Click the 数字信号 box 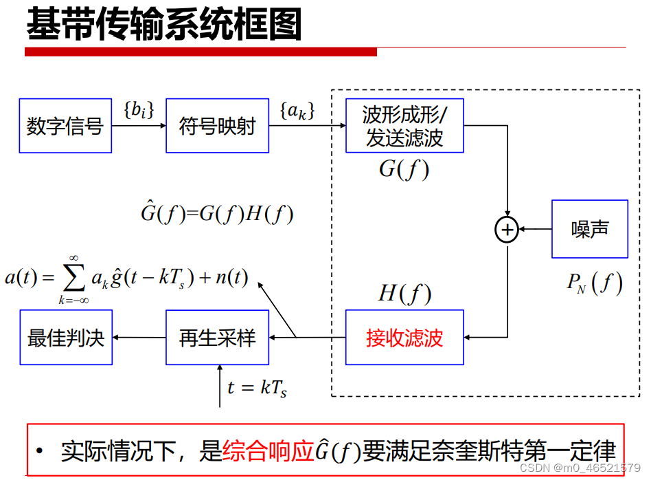65,126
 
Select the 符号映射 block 217,126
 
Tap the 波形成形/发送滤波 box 404,126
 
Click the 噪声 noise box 590,229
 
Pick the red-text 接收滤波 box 404,338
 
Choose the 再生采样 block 217,338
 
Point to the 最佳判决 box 65,338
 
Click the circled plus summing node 507,230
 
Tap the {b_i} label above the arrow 139,109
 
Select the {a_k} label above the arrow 297,110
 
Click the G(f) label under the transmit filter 404,169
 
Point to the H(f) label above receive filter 404,294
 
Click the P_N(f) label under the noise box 595,282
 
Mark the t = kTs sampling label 257,388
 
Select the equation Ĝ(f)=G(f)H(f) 217,214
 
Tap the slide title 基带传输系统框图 164,25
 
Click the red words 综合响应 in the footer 268,451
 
